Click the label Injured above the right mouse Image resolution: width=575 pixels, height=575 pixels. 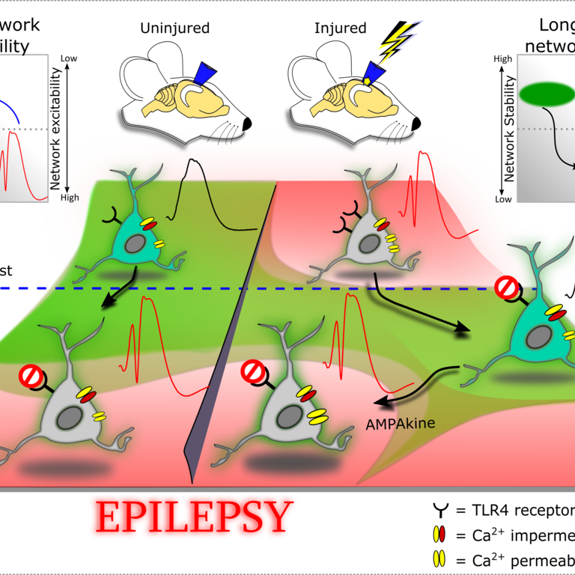[341, 29]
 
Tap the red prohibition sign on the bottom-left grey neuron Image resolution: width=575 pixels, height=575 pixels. [31, 375]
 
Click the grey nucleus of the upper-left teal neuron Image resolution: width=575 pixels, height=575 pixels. [136, 245]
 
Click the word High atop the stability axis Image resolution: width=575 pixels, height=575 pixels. [503, 58]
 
